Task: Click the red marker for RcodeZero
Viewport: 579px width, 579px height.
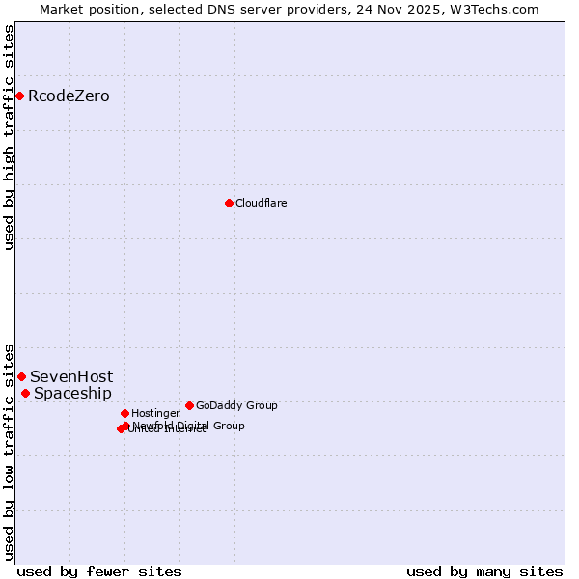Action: coord(19,96)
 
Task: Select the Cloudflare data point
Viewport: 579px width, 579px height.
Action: coord(229,203)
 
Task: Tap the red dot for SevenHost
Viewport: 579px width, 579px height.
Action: coord(21,376)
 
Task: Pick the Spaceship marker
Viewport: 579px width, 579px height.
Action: coord(25,393)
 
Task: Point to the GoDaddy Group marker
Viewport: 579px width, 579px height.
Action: coord(189,405)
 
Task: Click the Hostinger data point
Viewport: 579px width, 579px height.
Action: coord(124,413)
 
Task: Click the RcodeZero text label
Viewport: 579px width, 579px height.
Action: coord(69,96)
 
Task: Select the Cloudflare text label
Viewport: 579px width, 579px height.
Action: coord(262,203)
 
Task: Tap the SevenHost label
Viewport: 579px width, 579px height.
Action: coord(71,376)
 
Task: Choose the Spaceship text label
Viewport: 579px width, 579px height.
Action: coord(72,393)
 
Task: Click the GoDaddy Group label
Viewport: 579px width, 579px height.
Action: coord(236,405)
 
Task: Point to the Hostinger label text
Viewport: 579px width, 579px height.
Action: coord(155,413)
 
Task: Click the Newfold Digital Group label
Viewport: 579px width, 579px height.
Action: coord(189,426)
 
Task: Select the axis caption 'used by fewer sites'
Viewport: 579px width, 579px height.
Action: coord(99,571)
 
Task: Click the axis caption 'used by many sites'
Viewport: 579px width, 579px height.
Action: coord(484,571)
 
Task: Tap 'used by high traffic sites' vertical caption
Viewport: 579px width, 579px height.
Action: coord(9,137)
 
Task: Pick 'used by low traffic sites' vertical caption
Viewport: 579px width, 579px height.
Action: coord(9,451)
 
